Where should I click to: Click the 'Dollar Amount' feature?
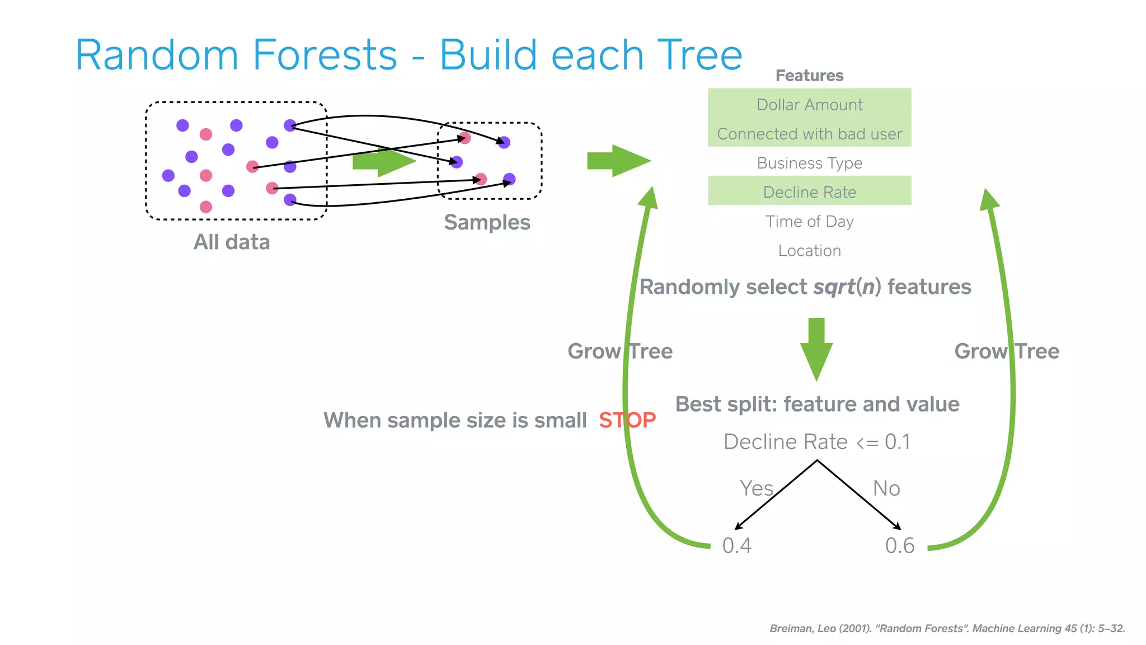pyautogui.click(x=809, y=105)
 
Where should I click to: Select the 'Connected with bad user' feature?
pyautogui.click(x=809, y=134)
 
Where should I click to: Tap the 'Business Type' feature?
pyautogui.click(x=809, y=163)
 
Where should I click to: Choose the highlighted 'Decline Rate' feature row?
pyautogui.click(x=809, y=192)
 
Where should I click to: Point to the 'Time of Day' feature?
pyautogui.click(x=809, y=221)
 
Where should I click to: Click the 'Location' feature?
pyautogui.click(x=809, y=250)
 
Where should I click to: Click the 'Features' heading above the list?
pyautogui.click(x=809, y=76)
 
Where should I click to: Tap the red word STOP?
pyautogui.click(x=627, y=420)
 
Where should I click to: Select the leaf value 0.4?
pyautogui.click(x=736, y=545)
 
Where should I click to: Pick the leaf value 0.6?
pyautogui.click(x=899, y=545)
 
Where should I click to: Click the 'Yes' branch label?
pyautogui.click(x=756, y=488)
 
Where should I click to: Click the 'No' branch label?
pyautogui.click(x=886, y=488)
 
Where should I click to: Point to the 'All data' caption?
pyautogui.click(x=232, y=242)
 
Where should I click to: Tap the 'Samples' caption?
pyautogui.click(x=487, y=222)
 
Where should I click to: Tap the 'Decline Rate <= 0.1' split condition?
pyautogui.click(x=816, y=442)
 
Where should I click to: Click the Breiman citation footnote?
pyautogui.click(x=947, y=628)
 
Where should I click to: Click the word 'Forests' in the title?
pyautogui.click(x=325, y=55)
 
